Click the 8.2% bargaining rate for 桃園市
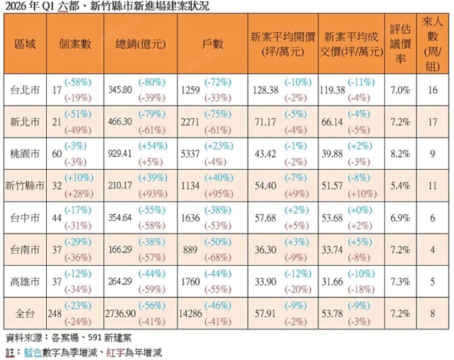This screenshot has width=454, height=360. (400, 154)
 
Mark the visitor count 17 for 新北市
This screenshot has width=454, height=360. (432, 122)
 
